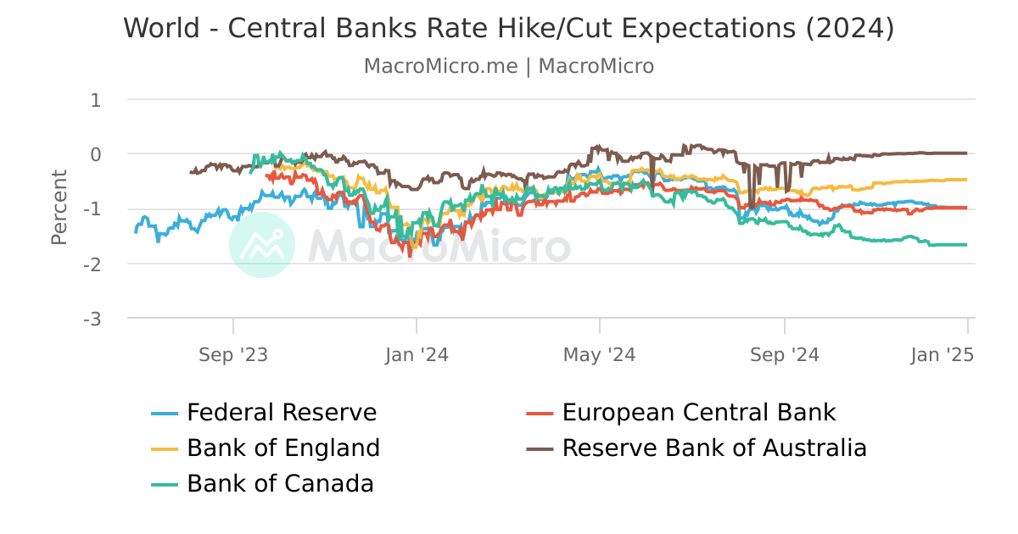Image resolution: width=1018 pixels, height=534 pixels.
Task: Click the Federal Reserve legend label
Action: coord(282,413)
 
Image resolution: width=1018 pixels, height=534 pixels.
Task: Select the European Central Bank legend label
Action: coord(699,413)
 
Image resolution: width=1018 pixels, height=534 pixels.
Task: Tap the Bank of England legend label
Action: coord(283,448)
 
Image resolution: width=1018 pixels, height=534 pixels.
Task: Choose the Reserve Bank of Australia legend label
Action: coord(714,448)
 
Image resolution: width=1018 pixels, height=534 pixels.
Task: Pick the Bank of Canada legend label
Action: coord(280,483)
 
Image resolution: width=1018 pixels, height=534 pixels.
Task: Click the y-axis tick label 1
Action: coord(95,100)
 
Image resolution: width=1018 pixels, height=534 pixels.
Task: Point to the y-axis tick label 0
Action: coord(95,154)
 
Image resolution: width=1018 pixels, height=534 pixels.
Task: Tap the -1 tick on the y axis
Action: coord(92,209)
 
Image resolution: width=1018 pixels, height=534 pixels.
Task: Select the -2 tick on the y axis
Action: coord(92,264)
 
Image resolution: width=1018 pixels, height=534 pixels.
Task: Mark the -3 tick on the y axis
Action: coord(92,319)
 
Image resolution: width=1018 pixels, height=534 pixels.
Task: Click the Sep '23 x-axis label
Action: coord(233,354)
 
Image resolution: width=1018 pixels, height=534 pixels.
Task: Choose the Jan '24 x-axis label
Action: coord(417,354)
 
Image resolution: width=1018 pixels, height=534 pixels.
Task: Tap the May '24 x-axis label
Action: coord(600,354)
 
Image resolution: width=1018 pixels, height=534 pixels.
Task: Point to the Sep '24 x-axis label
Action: coord(785,354)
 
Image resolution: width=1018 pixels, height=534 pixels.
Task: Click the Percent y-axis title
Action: coord(59,208)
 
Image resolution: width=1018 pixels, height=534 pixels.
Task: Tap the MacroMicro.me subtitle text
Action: coord(440,66)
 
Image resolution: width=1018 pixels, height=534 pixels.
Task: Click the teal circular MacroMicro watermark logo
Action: coord(262,245)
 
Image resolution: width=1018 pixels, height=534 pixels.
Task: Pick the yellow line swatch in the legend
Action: coord(165,448)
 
